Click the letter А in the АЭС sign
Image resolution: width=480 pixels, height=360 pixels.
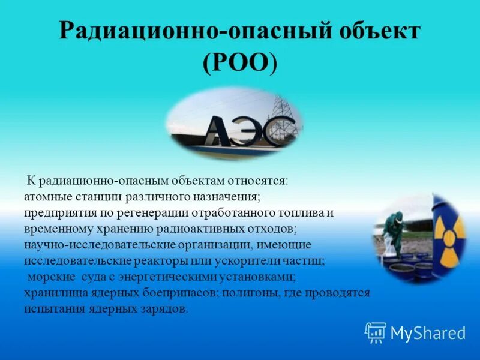[219, 131]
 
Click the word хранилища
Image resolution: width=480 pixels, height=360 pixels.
[53, 293]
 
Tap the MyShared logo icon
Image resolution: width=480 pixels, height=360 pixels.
[376, 332]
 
